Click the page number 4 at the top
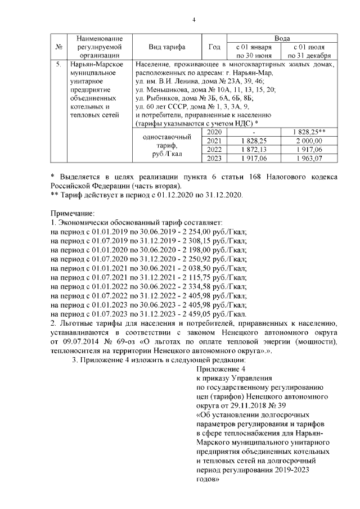point(193,21)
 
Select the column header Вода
point(282,38)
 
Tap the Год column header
point(214,47)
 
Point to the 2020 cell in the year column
point(214,132)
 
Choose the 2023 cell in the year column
point(214,159)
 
